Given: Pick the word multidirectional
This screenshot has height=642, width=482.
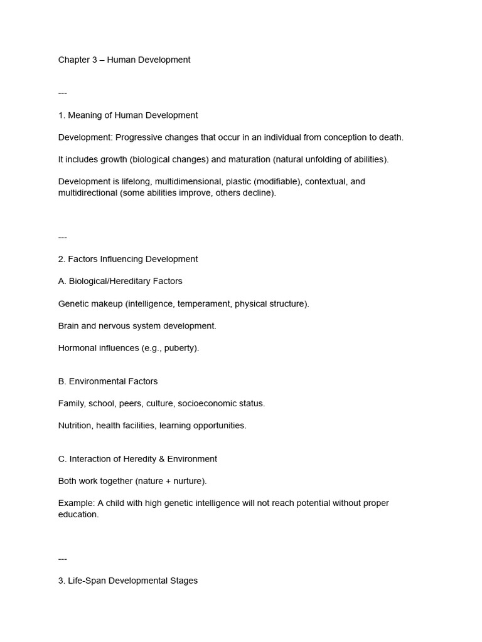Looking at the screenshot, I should pyautogui.click(x=87, y=193).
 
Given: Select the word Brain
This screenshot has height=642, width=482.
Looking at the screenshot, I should pyautogui.click(x=70, y=326).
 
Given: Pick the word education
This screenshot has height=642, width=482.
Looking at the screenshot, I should pyautogui.click(x=78, y=515).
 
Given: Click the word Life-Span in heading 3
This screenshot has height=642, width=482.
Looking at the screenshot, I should pyautogui.click(x=87, y=581).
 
